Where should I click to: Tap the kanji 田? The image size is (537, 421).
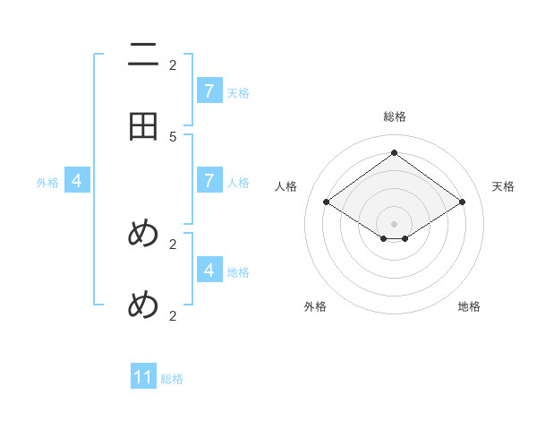(143, 126)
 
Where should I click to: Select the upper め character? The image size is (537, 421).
(143, 234)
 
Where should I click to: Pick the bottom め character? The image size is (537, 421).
(143, 305)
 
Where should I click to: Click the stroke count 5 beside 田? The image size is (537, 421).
(173, 136)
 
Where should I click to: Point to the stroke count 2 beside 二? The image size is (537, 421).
(173, 64)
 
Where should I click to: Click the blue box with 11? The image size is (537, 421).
(143, 377)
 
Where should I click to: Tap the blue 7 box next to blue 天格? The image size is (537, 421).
(209, 91)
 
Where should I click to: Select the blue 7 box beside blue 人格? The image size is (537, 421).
(209, 181)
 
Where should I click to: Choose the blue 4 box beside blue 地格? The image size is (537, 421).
(209, 270)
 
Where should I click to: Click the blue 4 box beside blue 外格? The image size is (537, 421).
(77, 181)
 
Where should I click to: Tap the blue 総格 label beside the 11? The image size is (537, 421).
(172, 379)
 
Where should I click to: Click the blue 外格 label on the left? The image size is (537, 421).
(47, 183)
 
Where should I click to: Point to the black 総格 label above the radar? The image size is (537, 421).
(394, 116)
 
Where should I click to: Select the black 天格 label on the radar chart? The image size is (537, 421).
(503, 186)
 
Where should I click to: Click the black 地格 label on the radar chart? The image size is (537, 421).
(469, 306)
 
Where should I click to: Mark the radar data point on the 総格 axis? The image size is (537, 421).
(394, 153)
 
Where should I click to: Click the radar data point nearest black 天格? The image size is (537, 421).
(462, 202)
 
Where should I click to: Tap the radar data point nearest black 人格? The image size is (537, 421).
(326, 202)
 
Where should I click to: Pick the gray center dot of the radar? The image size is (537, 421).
(394, 224)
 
